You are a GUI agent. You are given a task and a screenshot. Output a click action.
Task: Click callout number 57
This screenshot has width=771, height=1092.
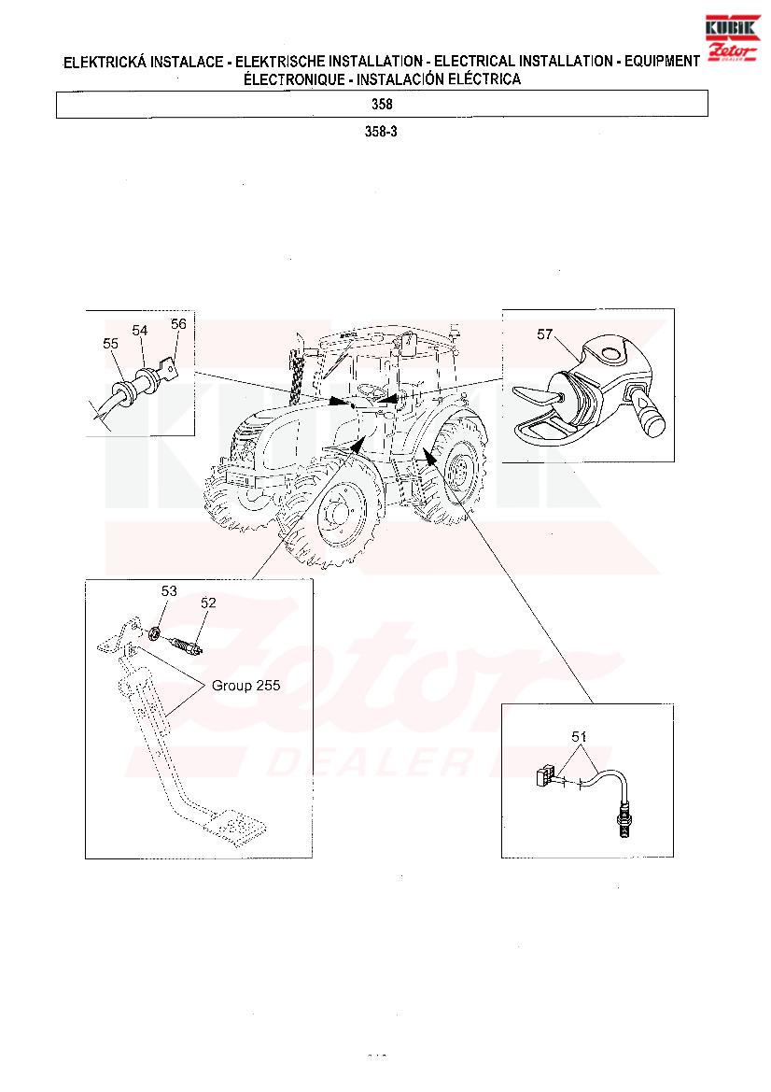[x=544, y=334]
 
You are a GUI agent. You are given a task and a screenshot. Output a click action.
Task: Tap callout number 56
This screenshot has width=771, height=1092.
[x=179, y=324]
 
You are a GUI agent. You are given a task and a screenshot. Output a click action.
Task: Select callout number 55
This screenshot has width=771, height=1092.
[x=111, y=344]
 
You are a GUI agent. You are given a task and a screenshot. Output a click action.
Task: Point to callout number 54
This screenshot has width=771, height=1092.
[x=140, y=330]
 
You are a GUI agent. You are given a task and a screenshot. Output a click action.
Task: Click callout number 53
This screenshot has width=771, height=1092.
[x=169, y=591]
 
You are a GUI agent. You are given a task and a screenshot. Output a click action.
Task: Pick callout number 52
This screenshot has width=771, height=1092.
[x=208, y=603]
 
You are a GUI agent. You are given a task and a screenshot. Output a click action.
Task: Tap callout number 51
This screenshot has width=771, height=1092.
[x=579, y=736]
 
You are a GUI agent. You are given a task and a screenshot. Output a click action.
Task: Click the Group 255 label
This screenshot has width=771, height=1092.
[x=245, y=686]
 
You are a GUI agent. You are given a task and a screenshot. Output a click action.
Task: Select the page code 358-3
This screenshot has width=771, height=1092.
[x=382, y=132]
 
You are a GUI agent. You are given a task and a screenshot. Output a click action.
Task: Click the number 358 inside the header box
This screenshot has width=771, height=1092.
[x=382, y=104]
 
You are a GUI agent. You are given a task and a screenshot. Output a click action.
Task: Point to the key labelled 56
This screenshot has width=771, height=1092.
[x=166, y=369]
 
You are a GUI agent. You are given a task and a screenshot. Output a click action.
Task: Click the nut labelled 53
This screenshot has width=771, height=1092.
[x=155, y=634]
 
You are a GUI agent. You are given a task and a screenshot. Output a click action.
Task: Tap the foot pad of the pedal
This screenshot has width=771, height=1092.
[x=234, y=825]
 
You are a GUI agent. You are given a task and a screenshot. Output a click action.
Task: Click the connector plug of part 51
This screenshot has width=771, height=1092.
[x=545, y=776]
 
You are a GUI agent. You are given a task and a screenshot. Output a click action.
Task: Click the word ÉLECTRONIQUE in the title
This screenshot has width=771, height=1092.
[x=293, y=79]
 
